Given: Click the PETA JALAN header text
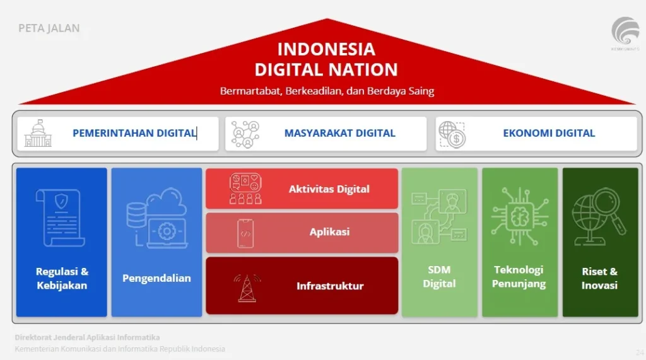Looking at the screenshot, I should (49, 28).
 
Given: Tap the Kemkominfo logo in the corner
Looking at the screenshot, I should (625, 33).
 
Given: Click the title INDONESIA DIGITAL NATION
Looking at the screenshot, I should (326, 59).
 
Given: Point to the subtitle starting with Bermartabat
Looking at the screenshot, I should (327, 91).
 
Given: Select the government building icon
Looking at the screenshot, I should (38, 133).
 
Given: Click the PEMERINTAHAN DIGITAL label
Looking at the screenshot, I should (134, 133).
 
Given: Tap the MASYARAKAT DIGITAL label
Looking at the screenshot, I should (339, 133).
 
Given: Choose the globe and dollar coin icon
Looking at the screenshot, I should (452, 134).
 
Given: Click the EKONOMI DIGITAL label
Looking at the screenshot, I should (549, 133).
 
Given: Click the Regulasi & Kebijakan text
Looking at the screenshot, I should (62, 279).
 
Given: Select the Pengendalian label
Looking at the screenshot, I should (156, 278).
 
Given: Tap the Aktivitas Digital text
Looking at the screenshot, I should (329, 189).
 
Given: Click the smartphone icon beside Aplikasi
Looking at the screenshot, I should (246, 233).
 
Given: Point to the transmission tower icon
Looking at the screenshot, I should (247, 287).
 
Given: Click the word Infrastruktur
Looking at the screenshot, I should (330, 286).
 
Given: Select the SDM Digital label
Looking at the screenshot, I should (439, 277).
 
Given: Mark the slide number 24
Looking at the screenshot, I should (640, 352).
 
